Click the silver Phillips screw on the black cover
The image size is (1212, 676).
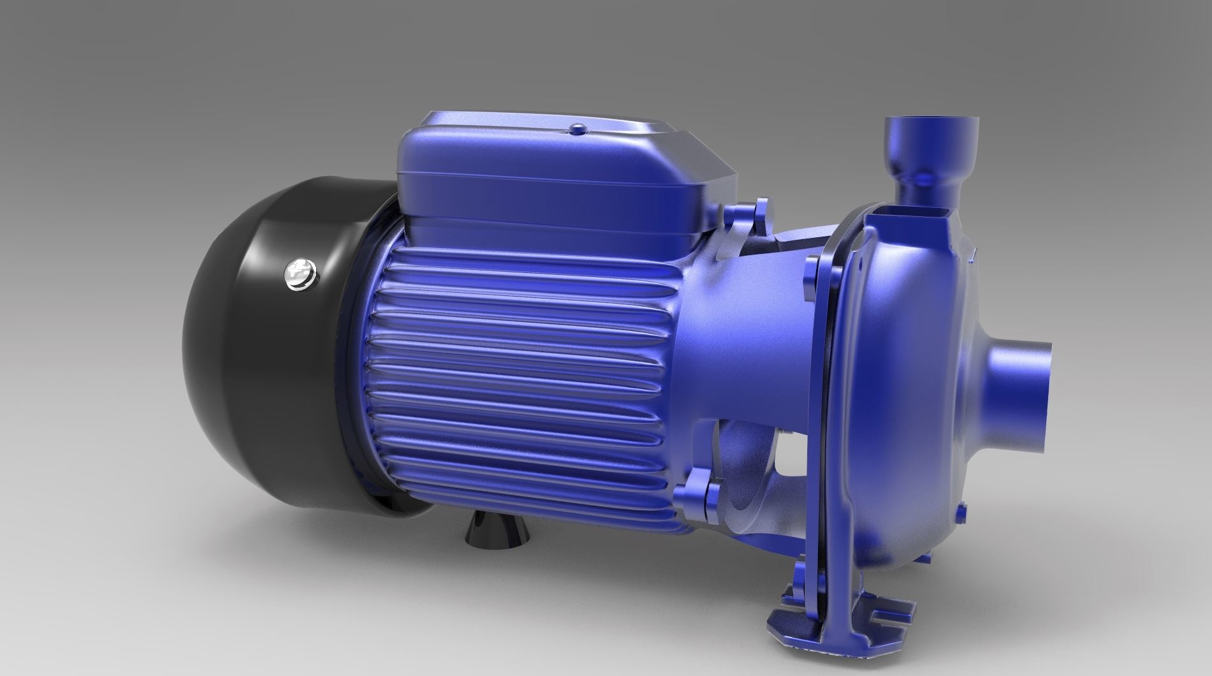pyautogui.click(x=297, y=276)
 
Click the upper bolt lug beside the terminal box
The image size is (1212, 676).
pyautogui.click(x=759, y=217)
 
